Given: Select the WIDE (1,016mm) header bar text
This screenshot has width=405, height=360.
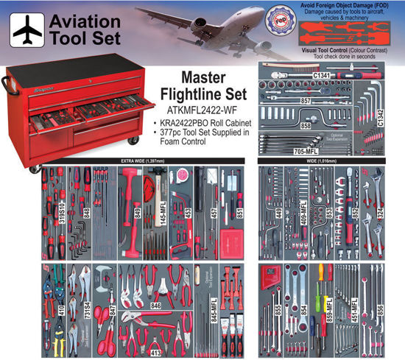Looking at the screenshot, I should [x=278, y=160].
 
